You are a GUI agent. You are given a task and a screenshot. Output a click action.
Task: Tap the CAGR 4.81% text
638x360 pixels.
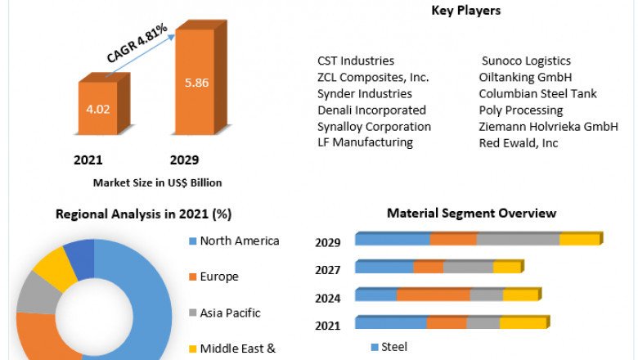pyautogui.click(x=137, y=43)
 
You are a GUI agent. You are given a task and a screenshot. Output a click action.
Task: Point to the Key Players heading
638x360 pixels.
pyautogui.click(x=465, y=11)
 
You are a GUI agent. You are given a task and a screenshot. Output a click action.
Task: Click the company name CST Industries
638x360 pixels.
pyautogui.click(x=356, y=61)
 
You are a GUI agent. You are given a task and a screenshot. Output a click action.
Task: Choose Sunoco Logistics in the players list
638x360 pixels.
pyautogui.click(x=525, y=61)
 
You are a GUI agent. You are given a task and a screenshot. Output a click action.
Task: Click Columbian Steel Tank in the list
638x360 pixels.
pyautogui.click(x=537, y=93)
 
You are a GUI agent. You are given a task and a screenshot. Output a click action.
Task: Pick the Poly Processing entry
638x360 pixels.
pyautogui.click(x=521, y=110)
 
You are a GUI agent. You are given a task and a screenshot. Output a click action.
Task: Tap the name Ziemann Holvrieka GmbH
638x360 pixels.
pyautogui.click(x=548, y=126)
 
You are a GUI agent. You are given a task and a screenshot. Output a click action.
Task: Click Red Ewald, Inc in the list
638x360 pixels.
pyautogui.click(x=519, y=142)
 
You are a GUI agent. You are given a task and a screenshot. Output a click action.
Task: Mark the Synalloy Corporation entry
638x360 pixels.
pyautogui.click(x=374, y=126)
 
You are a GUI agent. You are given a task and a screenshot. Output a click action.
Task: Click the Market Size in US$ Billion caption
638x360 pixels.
pyautogui.click(x=158, y=182)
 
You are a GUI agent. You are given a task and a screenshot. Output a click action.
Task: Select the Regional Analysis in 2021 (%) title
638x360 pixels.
pyautogui.click(x=144, y=214)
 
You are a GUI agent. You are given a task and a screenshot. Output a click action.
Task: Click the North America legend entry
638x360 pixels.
pyautogui.click(x=240, y=241)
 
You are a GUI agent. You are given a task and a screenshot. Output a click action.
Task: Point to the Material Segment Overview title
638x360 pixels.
pyautogui.click(x=471, y=214)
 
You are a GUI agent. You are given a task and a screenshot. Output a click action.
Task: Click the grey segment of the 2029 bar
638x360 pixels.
pyautogui.click(x=518, y=240)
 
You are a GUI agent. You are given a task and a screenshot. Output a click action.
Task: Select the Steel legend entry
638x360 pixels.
pyautogui.click(x=393, y=347)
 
